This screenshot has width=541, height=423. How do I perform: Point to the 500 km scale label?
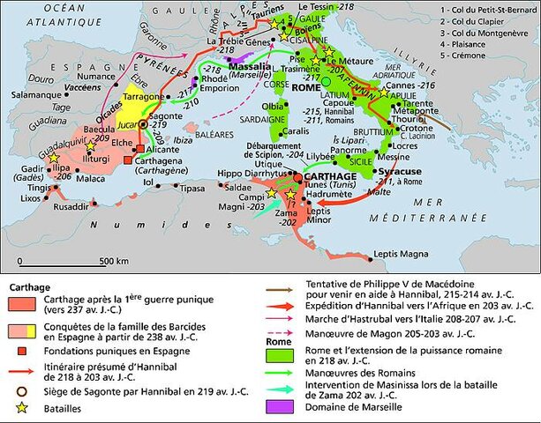[x=113, y=261]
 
